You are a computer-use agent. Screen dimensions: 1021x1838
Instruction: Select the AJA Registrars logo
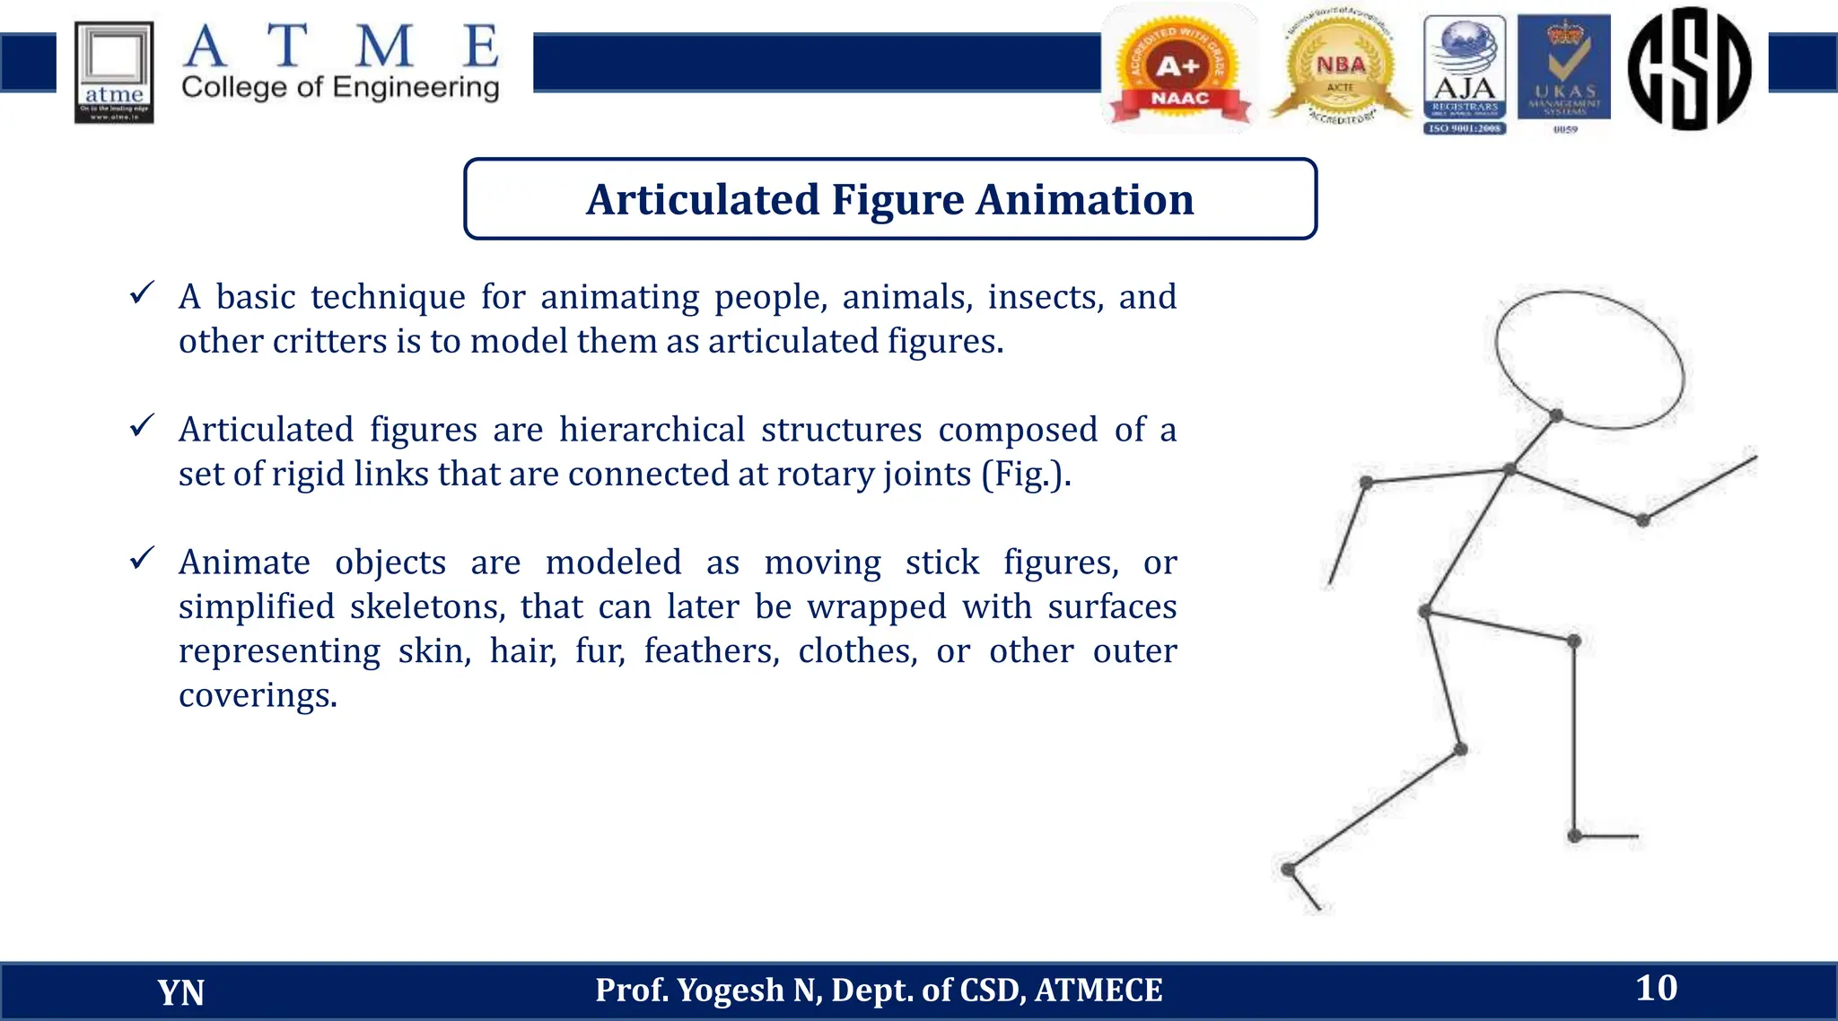[1465, 74]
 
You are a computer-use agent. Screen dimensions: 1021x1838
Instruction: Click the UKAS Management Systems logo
[1564, 72]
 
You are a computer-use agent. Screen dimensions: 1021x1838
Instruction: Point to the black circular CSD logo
[1689, 68]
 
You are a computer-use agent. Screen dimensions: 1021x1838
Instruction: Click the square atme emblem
[114, 72]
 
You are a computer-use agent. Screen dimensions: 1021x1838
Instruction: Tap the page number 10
[1656, 988]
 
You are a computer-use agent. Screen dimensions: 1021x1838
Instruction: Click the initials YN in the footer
[180, 992]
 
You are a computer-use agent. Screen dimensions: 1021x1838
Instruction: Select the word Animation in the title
[1085, 199]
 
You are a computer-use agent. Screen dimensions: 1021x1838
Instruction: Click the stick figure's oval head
[1589, 359]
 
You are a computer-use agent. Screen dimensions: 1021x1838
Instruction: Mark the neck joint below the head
[1556, 415]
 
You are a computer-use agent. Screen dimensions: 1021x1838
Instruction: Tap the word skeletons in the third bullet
[427, 607]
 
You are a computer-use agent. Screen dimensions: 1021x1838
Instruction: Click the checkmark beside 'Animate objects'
[142, 558]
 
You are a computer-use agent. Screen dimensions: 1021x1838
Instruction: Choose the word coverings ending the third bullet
[257, 695]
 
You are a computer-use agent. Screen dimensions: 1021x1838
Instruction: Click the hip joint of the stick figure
[1426, 612]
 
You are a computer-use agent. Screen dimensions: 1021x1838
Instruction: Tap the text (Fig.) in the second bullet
[1025, 475]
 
